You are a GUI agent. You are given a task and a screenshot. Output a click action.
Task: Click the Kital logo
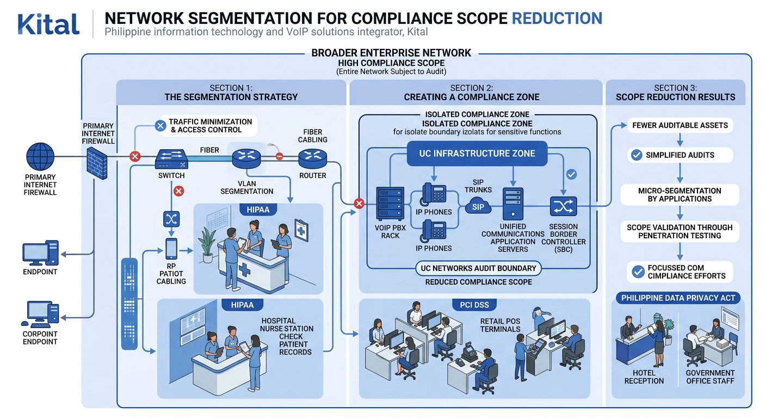point(48,23)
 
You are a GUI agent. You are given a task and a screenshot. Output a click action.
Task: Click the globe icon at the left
point(41,157)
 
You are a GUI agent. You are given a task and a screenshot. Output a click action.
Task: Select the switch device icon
point(171,158)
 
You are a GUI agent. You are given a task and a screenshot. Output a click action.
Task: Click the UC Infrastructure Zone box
point(477,153)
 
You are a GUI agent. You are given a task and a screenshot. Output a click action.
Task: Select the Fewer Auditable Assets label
point(679,125)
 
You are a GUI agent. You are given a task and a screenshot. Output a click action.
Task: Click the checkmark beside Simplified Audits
point(635,155)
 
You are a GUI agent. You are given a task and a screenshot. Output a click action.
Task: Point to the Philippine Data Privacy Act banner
point(678,298)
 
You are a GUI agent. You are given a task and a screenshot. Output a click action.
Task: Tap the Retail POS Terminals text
point(500,325)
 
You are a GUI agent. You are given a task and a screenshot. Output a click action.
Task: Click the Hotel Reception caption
point(644,377)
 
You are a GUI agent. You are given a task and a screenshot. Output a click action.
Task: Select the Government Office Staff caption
point(710,377)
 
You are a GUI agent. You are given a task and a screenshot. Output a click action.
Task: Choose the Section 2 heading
point(472,93)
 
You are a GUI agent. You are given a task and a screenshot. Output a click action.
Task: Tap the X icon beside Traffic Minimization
point(160,126)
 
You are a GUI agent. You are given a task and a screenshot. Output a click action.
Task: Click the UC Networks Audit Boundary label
point(478,268)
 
